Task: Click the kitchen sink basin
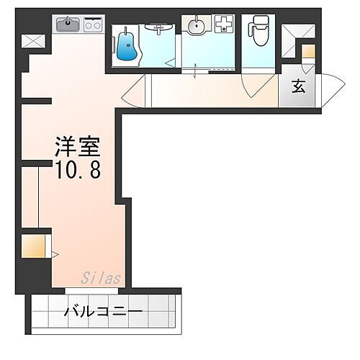(x=69, y=24)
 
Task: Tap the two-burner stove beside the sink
(x=93, y=24)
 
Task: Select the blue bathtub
(x=128, y=47)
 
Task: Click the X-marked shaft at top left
(x=33, y=41)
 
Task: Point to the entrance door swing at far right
(x=330, y=87)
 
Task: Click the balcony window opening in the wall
(x=94, y=290)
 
